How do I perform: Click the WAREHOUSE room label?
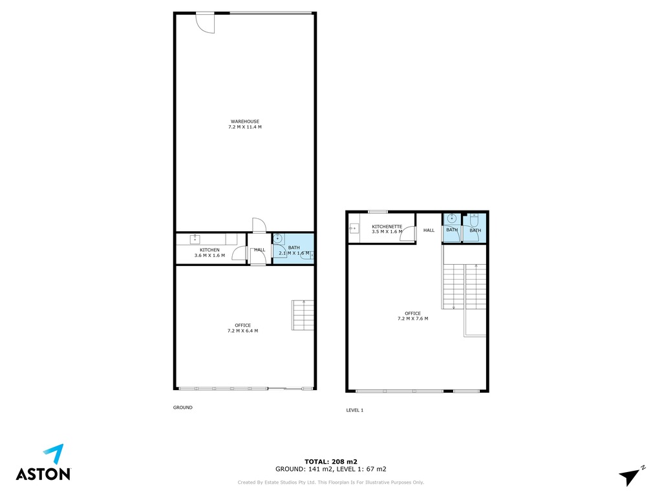point(245,121)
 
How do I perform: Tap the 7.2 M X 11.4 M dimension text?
point(245,127)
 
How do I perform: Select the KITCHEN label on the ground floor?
point(209,250)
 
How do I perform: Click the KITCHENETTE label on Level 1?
point(387,227)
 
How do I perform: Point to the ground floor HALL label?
point(260,250)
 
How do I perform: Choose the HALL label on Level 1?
point(429,231)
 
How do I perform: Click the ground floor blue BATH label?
point(294,247)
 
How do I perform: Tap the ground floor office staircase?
point(303,315)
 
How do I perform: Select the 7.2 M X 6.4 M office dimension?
point(243,331)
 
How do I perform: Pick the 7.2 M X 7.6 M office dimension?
point(413,319)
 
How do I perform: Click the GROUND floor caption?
point(183,408)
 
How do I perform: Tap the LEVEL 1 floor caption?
point(355,410)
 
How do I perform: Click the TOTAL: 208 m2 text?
point(331,462)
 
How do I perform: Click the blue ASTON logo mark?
point(55,454)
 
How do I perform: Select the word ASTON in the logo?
point(43,474)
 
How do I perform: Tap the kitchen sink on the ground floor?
point(195,239)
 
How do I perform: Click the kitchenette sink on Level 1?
point(354,229)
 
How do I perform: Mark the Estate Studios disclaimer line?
point(331,482)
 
